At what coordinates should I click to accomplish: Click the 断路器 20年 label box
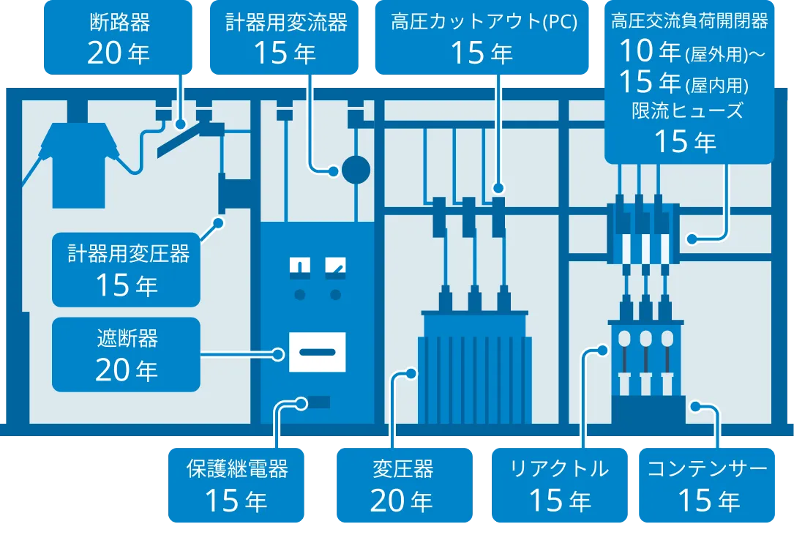118,37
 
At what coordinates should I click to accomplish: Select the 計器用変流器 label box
284,37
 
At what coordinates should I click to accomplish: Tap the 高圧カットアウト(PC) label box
482,37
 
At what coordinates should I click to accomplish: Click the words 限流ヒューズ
687,111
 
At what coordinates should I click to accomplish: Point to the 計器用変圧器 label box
126,269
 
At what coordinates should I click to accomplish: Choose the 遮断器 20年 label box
126,355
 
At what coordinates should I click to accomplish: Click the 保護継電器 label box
236,485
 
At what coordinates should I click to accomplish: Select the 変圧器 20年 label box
405,485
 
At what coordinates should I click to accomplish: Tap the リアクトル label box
560,485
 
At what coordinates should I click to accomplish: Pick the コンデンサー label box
707,485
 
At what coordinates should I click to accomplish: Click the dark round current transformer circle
356,170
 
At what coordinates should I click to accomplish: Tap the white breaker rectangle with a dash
318,352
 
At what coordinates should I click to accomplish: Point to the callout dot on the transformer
411,374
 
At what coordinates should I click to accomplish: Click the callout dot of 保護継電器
301,404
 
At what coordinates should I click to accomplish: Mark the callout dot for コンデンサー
696,406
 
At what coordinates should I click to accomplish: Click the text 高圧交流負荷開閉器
689,21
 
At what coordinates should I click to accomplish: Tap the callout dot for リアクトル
602,350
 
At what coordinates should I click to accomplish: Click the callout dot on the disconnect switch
180,123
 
